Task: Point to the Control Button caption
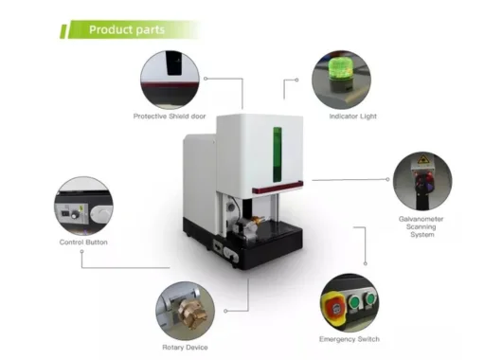pyautogui.click(x=83, y=243)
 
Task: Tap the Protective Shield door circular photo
pyautogui.click(x=171, y=79)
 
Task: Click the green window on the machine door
pyautogui.click(x=278, y=157)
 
